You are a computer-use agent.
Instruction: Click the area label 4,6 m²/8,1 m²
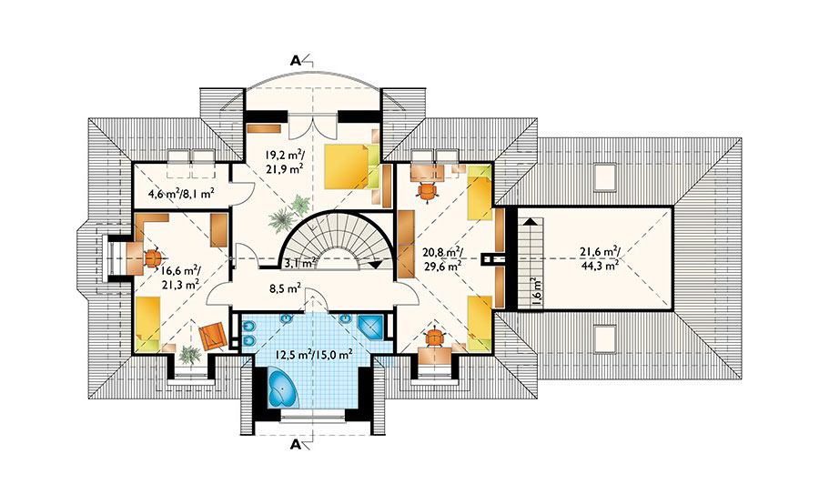point(181,194)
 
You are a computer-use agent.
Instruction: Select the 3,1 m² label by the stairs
point(299,262)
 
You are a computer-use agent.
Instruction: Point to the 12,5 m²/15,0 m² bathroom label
point(314,354)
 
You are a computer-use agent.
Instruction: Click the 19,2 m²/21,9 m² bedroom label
point(285,161)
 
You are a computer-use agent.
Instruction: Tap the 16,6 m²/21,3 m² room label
point(181,277)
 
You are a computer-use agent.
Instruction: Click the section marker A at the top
point(296,60)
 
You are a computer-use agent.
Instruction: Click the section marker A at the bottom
point(296,445)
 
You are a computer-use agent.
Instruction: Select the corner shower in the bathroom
point(371,328)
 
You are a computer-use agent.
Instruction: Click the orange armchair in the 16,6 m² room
point(212,336)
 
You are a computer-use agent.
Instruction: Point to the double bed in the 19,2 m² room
point(351,166)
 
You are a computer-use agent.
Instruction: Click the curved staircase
point(338,240)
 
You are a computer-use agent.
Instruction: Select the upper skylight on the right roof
point(605,176)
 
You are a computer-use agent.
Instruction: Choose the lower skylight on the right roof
point(605,338)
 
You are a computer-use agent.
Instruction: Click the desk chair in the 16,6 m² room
point(153,257)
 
